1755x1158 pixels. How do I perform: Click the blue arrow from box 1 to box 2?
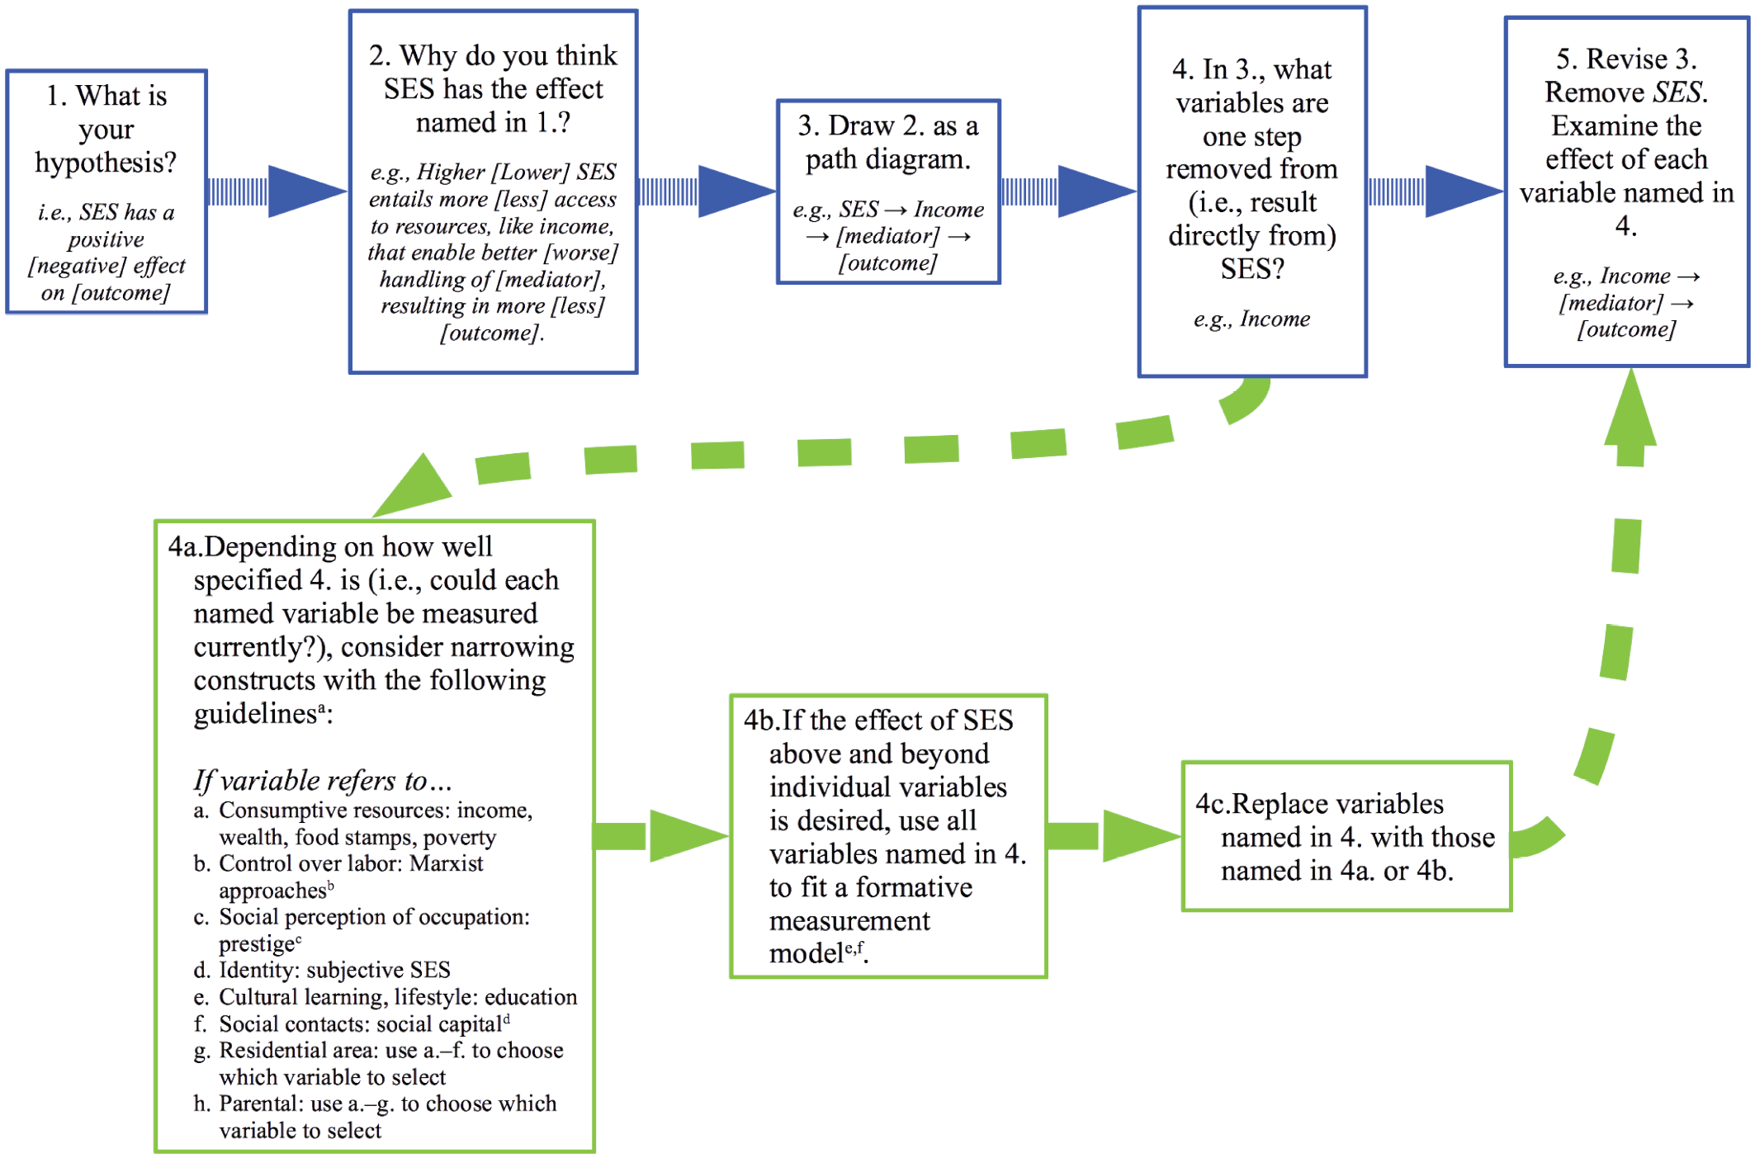[x=277, y=191]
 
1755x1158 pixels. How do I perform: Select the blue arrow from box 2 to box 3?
[x=708, y=191]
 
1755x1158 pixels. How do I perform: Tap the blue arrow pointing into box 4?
[x=1069, y=191]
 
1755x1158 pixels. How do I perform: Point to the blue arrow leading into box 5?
[x=1436, y=191]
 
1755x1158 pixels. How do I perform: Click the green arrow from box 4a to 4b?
[x=660, y=835]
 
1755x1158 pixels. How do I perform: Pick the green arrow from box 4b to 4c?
[x=1114, y=835]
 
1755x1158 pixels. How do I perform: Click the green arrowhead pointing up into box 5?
[x=1630, y=409]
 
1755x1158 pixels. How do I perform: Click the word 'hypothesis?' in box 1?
[x=106, y=163]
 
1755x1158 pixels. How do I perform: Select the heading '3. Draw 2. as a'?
[x=888, y=125]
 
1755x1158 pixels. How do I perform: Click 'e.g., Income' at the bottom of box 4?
[x=1251, y=319]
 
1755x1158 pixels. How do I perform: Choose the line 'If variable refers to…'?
[x=323, y=780]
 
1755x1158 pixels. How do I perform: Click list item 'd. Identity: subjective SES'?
[x=322, y=970]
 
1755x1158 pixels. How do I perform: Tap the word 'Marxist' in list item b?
[x=447, y=863]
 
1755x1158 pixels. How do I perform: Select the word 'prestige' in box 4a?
[x=257, y=943]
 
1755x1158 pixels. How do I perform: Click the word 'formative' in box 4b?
[x=914, y=887]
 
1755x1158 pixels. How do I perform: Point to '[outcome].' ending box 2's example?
[x=492, y=333]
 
